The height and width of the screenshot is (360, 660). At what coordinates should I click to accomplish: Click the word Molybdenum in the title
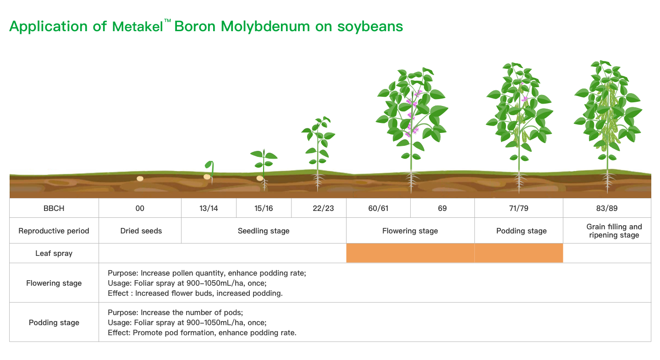265,27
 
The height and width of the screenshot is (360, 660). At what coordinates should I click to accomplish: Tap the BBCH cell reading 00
140,208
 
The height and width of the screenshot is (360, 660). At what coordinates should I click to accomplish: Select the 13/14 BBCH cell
209,208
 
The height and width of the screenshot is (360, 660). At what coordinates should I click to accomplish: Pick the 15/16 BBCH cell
264,208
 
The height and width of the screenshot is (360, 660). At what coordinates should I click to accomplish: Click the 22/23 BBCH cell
323,208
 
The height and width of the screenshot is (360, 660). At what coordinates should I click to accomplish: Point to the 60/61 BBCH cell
378,208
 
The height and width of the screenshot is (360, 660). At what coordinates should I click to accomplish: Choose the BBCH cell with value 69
442,208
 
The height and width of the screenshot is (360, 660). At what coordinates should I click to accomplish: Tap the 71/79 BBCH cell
518,208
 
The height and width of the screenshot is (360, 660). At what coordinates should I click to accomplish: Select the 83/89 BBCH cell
607,208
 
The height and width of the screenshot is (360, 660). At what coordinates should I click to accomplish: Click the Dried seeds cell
141,231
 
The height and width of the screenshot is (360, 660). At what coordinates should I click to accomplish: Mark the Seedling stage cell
264,231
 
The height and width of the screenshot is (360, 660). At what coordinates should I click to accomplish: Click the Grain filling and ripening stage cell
607,231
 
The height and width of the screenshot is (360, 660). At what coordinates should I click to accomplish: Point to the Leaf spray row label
54,253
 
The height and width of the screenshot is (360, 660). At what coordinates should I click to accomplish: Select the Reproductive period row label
54,231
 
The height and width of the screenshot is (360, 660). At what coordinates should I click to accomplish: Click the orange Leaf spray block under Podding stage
519,253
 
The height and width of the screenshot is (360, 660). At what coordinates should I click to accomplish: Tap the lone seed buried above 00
140,178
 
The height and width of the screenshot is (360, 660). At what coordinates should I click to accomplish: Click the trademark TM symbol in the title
167,21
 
